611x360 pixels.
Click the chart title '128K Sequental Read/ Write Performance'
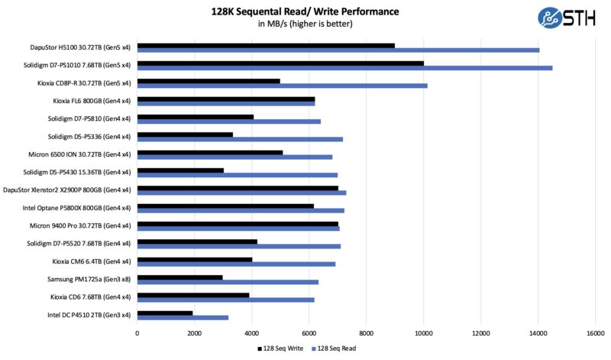305,11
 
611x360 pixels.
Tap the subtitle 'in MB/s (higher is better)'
305,24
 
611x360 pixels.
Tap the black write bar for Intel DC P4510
165,313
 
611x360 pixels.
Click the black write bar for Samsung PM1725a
180,277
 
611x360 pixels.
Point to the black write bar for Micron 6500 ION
210,152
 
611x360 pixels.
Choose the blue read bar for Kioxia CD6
226,300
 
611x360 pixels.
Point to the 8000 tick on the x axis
367,333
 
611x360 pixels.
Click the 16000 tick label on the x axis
595,333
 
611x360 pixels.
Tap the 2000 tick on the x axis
195,333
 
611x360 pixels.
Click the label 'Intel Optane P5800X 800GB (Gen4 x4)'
71,208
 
